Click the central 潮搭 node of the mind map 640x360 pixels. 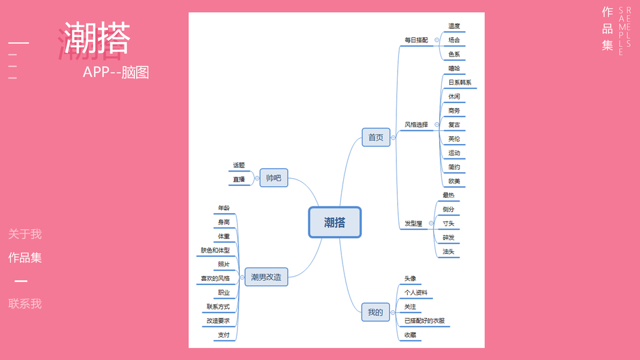(x=335, y=223)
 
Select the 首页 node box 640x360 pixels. (x=376, y=137)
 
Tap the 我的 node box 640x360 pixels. (x=375, y=312)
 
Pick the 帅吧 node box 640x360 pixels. (x=274, y=178)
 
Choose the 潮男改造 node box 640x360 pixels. (x=266, y=277)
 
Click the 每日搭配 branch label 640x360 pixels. (x=416, y=40)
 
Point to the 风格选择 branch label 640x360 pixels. (x=416, y=125)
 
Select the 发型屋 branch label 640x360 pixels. (x=413, y=223)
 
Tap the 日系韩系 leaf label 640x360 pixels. (x=460, y=82)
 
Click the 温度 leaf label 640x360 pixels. (x=454, y=26)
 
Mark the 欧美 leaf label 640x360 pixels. (x=454, y=181)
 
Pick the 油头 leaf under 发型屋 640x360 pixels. (x=448, y=251)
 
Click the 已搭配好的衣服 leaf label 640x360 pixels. (x=425, y=321)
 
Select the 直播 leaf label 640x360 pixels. (x=239, y=179)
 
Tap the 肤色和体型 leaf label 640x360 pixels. (x=215, y=250)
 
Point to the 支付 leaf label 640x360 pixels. (x=223, y=335)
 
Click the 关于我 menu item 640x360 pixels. (x=25, y=234)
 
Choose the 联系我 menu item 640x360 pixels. (x=25, y=304)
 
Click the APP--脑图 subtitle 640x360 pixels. (x=116, y=72)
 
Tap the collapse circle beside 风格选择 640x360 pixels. (x=437, y=125)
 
